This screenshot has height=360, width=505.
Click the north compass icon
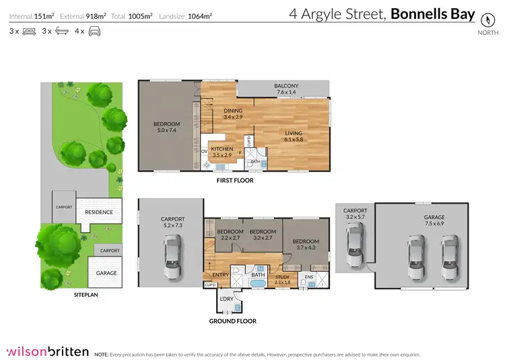(483, 20)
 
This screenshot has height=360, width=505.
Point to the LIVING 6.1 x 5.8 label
(294, 137)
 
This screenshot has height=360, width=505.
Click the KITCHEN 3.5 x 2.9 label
(222, 152)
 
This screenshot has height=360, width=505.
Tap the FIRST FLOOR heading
(234, 180)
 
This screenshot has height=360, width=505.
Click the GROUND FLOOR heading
(233, 321)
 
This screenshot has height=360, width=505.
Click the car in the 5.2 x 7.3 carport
(172, 256)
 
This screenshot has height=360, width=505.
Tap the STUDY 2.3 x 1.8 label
(282, 281)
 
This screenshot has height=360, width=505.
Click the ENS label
(310, 276)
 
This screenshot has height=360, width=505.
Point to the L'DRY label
(226, 299)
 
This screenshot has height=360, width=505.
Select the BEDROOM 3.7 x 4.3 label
(305, 244)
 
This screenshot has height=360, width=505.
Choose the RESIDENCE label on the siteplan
(98, 212)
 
